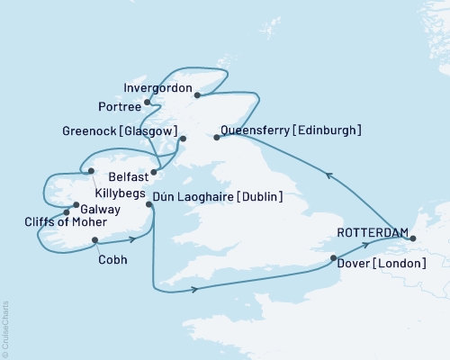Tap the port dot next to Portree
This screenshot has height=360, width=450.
point(147,103)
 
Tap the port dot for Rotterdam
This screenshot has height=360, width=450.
point(413,238)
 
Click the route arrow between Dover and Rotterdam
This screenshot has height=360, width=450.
point(364,244)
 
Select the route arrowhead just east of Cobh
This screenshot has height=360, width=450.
point(132,238)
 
